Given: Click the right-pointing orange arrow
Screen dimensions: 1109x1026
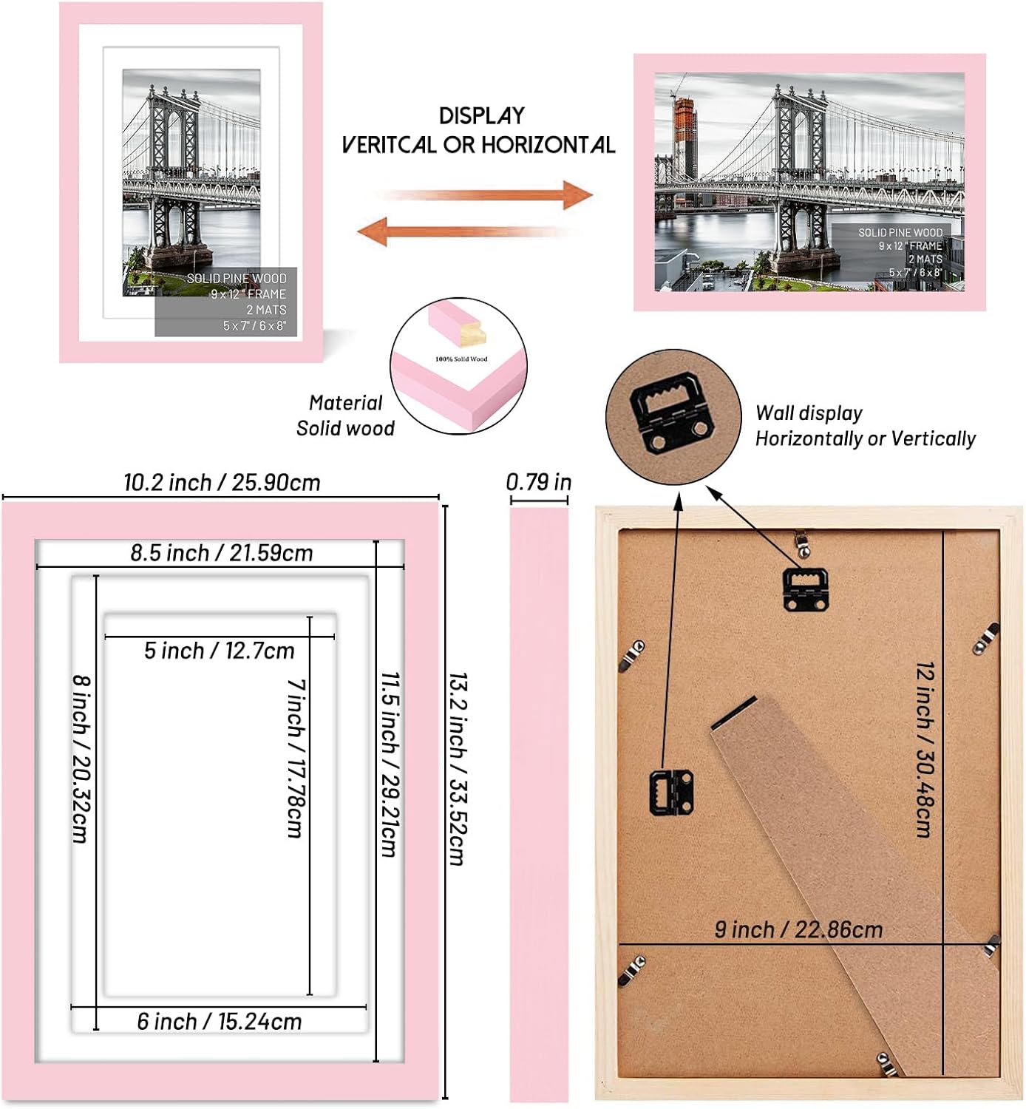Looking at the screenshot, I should pos(488,196).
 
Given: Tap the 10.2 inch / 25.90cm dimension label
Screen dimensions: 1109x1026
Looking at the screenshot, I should pos(222,483).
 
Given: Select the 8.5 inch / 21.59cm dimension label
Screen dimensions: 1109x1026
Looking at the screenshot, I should pos(222,553).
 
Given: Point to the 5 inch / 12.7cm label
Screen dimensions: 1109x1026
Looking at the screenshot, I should pos(220,651).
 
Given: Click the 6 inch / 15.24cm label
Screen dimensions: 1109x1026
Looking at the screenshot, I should pos(220,1022).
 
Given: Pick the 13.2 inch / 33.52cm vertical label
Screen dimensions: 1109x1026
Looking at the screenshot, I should pos(458,769).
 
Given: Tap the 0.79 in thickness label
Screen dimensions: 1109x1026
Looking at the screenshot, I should pos(538,482).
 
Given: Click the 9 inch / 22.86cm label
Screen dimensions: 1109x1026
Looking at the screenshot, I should pos(798,929).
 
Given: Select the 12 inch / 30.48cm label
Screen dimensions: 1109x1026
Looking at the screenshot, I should pos(925,749).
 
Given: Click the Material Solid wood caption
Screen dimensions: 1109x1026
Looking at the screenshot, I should pos(345,416).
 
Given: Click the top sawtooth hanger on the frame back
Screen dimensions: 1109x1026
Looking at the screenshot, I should pos(805,587).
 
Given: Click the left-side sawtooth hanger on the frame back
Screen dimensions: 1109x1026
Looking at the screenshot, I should pos(671,791).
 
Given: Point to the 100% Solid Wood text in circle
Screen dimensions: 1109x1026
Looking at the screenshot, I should pos(461,359).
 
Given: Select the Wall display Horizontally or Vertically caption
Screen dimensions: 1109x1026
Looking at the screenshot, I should pos(865,426).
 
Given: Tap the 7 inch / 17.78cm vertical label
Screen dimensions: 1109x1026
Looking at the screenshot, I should pos(296,758).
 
